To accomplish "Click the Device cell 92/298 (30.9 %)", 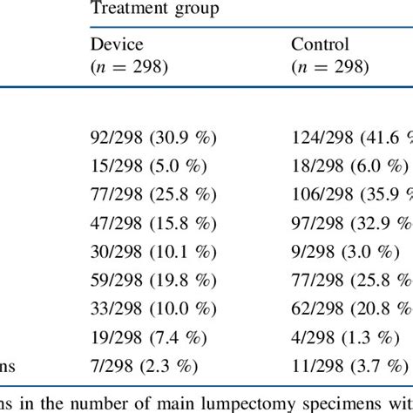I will [153, 137].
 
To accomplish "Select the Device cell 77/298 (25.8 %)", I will [153, 194].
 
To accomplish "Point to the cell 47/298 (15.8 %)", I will [153, 223].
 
